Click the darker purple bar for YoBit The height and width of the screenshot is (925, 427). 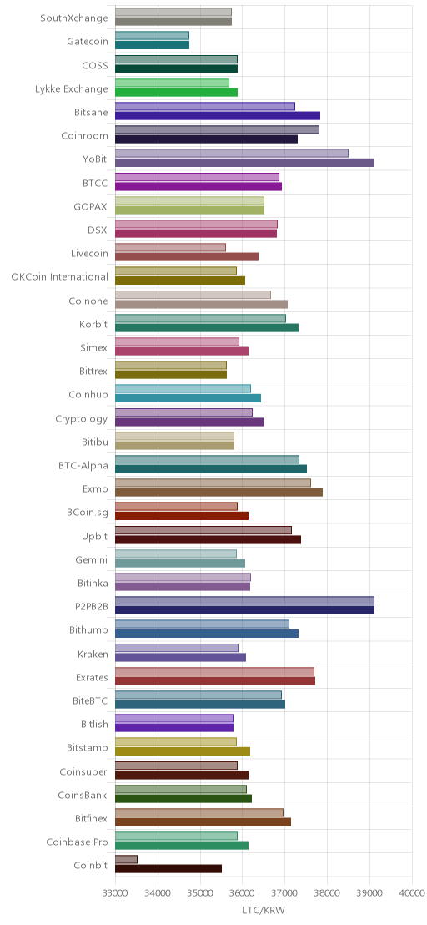(x=244, y=163)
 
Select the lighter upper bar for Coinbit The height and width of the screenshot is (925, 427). (x=126, y=859)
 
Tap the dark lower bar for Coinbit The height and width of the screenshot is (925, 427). (x=168, y=868)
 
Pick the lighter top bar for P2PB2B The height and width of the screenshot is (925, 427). (x=244, y=600)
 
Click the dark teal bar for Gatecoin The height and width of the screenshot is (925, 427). (x=152, y=45)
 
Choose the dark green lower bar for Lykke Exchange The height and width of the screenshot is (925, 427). (x=176, y=92)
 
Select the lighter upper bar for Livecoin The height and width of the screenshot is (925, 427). (x=170, y=247)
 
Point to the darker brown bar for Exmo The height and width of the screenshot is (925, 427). (x=219, y=492)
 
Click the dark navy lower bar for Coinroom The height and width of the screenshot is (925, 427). (x=206, y=139)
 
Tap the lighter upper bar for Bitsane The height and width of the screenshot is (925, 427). (x=205, y=106)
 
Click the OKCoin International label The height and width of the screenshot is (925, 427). (x=59, y=276)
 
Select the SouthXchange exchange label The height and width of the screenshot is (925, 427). (x=74, y=18)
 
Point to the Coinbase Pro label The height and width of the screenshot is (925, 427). (x=78, y=842)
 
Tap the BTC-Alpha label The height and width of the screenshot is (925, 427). (x=83, y=466)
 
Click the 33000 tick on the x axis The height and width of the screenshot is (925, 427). (x=115, y=894)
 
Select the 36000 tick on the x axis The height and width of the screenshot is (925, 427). (x=242, y=894)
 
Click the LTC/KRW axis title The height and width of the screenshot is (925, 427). (x=264, y=911)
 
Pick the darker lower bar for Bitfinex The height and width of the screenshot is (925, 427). (x=203, y=821)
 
